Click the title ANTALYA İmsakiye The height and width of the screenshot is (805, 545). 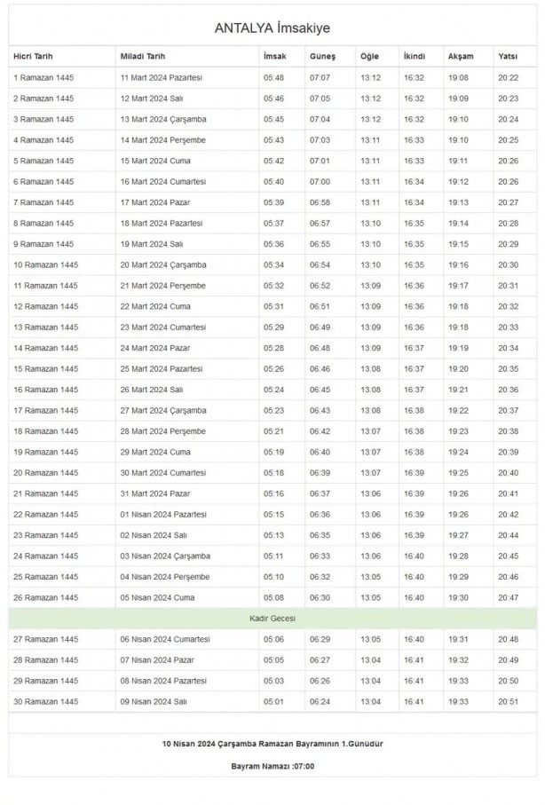tap(272, 28)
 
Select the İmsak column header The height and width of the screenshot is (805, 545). tap(274, 56)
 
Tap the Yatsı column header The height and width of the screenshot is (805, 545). tap(508, 56)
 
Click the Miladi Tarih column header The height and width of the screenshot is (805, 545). tap(142, 56)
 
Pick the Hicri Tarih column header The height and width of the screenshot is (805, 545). tap(35, 56)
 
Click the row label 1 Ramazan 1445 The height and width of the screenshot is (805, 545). tap(43, 78)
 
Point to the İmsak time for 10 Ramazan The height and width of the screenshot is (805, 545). tap(273, 264)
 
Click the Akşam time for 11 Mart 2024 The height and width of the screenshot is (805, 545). tap(458, 78)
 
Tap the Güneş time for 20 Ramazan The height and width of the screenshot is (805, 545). tap(320, 472)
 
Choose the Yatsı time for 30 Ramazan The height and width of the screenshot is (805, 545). tap(509, 701)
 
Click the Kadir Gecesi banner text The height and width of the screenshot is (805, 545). tap(272, 618)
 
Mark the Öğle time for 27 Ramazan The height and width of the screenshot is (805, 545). tap(370, 639)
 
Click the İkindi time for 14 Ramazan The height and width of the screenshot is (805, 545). tap(414, 348)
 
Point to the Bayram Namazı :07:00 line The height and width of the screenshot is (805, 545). tap(272, 765)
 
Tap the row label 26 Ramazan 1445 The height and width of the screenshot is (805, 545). tap(45, 597)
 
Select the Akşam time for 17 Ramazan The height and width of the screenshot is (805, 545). tap(458, 410)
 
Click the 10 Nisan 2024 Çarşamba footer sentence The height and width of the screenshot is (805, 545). tap(272, 742)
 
